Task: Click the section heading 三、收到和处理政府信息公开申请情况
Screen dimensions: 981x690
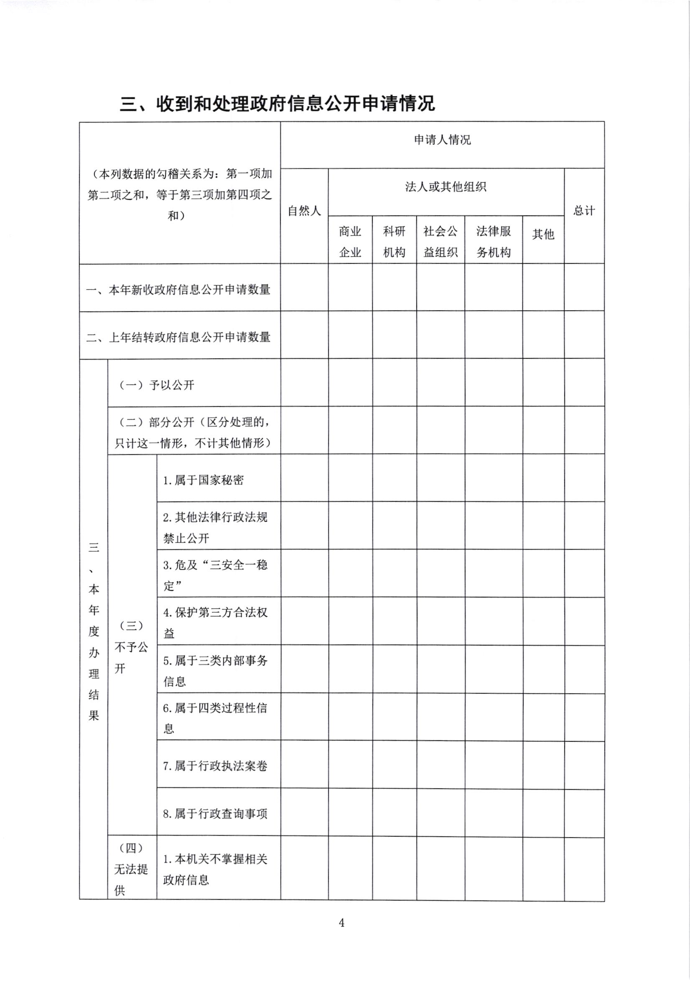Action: pos(277,103)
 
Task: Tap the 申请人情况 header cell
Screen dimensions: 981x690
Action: pos(442,140)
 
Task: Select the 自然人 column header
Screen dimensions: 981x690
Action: pos(304,211)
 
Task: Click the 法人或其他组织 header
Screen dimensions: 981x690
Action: pos(446,187)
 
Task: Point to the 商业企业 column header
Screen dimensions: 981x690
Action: pos(350,242)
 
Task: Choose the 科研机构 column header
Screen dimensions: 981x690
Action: pos(394,242)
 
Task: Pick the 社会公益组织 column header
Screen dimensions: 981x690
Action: pos(440,242)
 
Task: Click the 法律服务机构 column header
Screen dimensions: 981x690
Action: pos(493,242)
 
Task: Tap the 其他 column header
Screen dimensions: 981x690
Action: pos(543,234)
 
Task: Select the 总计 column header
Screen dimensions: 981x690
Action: pos(584,211)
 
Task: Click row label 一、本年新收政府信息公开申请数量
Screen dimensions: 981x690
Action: pos(178,290)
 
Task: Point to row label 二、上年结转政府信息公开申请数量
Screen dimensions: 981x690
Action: pos(178,337)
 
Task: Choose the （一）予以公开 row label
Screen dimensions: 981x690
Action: pos(156,386)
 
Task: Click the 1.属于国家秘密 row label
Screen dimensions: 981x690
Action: pos(203,480)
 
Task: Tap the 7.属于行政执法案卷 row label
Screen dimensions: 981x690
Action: pos(215,766)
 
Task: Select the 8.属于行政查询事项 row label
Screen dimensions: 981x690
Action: pos(215,813)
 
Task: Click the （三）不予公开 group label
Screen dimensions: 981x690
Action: pos(132,647)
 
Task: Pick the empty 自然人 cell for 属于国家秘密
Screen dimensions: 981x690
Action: pos(304,478)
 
